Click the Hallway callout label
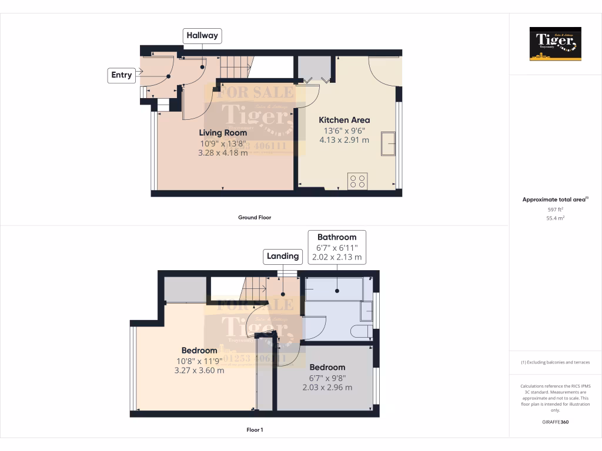(x=202, y=36)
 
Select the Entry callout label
(x=122, y=75)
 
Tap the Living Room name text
(x=223, y=132)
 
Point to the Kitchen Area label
(x=344, y=120)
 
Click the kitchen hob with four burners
(x=357, y=180)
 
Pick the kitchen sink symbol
(x=388, y=144)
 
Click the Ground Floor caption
(x=254, y=217)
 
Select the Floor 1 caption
(x=255, y=430)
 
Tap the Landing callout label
(x=283, y=256)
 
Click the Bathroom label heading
(x=337, y=237)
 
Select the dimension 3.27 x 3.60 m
(x=199, y=371)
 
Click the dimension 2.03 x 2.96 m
(x=327, y=388)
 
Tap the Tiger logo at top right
(x=555, y=44)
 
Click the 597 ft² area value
(x=555, y=209)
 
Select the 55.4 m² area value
(x=555, y=218)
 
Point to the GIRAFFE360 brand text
(x=555, y=422)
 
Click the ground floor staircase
(x=235, y=66)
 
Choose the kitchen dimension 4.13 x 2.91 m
(x=344, y=140)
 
